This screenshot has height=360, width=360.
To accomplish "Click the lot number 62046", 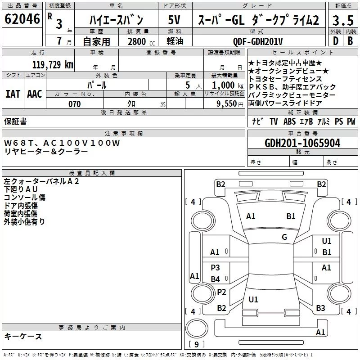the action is [22, 19].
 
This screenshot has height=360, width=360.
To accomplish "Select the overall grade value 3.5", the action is [343, 20].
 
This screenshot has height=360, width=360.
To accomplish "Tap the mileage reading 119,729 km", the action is [53, 64].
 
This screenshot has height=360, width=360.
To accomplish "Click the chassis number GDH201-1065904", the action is [302, 143].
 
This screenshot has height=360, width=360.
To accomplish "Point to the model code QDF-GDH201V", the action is [257, 41].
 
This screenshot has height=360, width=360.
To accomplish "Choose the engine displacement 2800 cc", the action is [141, 41].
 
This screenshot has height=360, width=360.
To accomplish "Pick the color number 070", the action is [74, 104].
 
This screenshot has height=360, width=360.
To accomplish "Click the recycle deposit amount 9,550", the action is [227, 104].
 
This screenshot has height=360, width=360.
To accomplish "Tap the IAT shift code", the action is [13, 94].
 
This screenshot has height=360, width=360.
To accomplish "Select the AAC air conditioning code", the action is [35, 94].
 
